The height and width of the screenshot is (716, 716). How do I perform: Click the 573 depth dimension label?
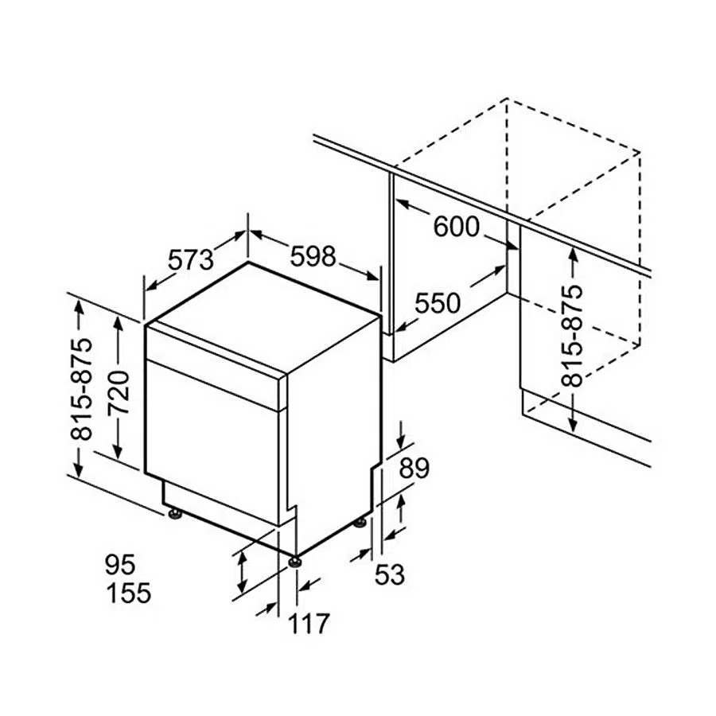coord(191,259)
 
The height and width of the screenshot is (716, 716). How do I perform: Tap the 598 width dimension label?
coord(313,255)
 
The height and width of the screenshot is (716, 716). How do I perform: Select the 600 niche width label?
coord(456,227)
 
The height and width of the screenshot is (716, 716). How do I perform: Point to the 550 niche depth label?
coord(438,303)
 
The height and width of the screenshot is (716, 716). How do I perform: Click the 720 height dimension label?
coord(119,392)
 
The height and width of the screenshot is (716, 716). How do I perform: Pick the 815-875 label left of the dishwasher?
coord(81,389)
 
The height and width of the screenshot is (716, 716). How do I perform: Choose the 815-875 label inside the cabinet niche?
coord(573,336)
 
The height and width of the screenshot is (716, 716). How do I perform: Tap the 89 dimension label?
coord(414,467)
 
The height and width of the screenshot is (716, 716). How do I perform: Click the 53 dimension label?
coord(390,574)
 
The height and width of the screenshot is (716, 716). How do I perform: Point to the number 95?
coord(120,564)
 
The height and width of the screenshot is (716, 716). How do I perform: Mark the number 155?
coord(128,593)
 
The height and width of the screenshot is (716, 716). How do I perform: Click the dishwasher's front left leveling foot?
coord(175,514)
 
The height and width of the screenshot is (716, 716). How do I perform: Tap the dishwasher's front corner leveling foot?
coord(294,561)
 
